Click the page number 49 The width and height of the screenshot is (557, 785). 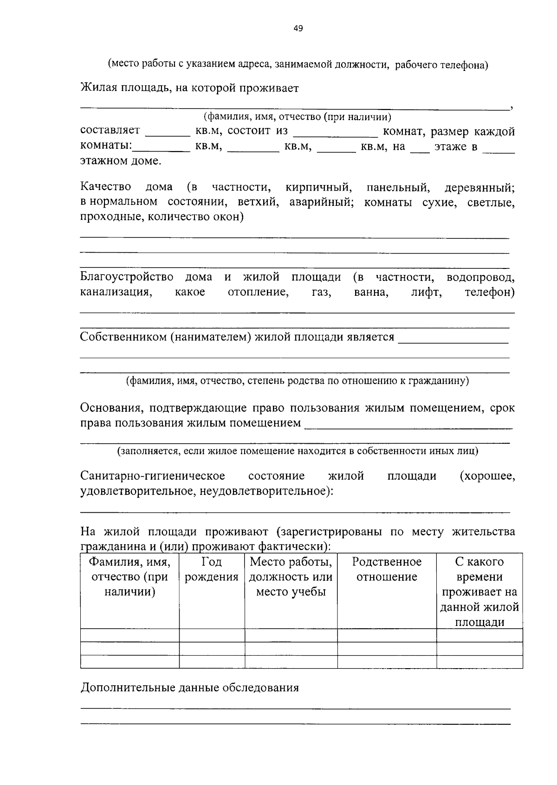[x=298, y=29]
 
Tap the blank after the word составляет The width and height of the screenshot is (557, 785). [x=168, y=132]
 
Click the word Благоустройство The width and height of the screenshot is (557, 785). [x=127, y=277]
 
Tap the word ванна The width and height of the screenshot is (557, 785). [x=371, y=293]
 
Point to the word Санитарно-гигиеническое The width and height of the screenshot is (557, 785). [x=153, y=476]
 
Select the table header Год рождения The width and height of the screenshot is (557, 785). [x=212, y=569]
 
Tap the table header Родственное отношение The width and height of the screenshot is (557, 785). [x=387, y=569]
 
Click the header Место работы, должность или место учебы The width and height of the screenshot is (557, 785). [x=291, y=577]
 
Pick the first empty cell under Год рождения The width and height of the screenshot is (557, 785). [x=212, y=635]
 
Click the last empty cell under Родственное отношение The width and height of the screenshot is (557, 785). [x=387, y=661]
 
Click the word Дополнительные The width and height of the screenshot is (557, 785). [x=127, y=687]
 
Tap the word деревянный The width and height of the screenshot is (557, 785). [x=479, y=187]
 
